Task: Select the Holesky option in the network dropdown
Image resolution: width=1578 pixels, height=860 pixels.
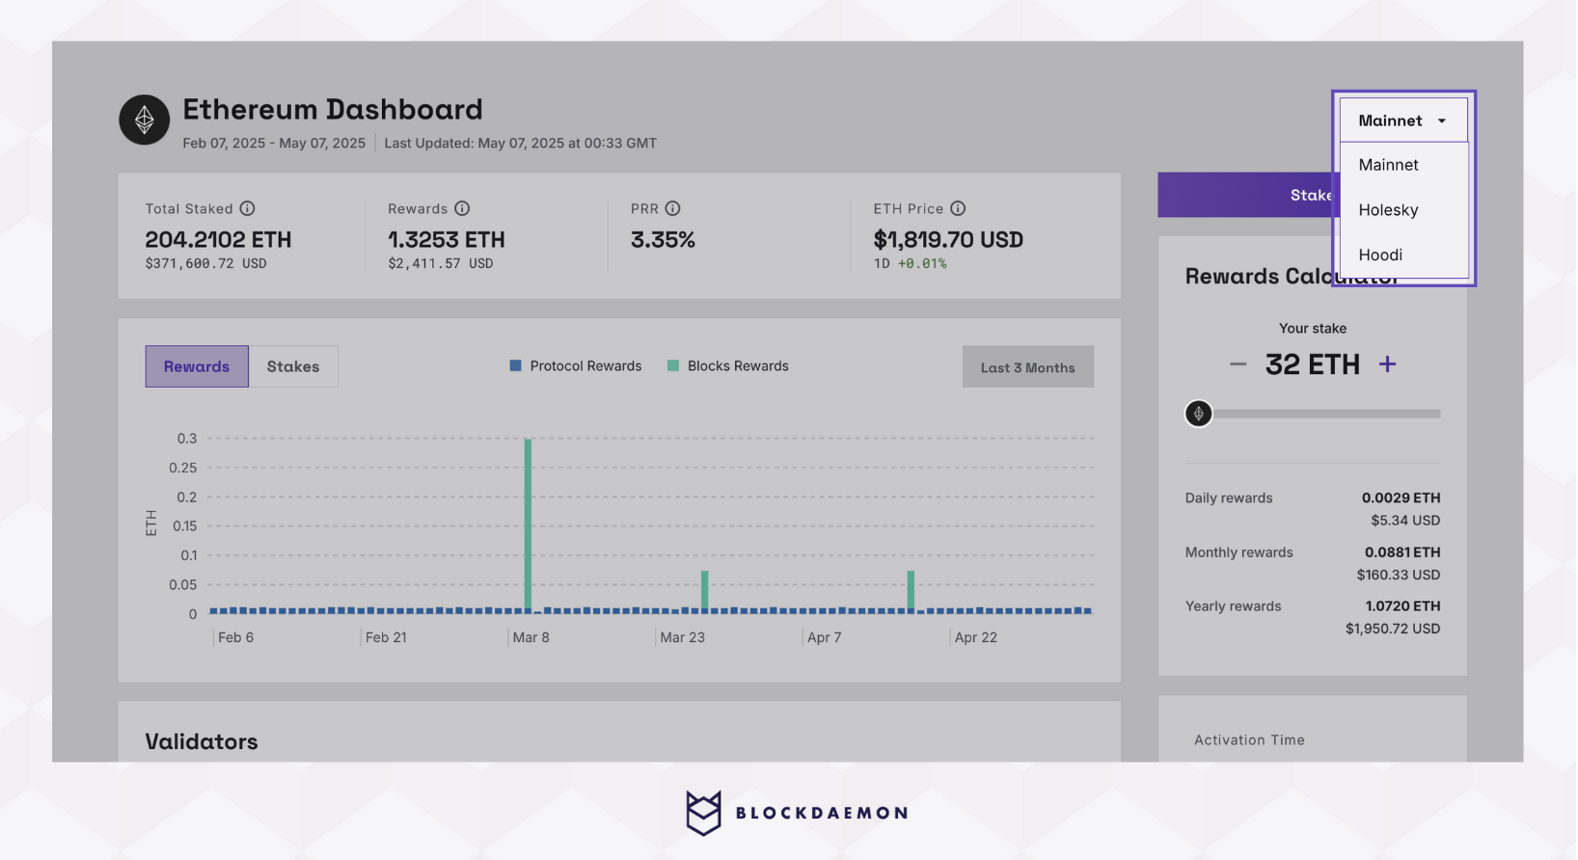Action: coord(1388,210)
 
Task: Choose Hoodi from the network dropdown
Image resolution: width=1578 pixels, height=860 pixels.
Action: coord(1380,255)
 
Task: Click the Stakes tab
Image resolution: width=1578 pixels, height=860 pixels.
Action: coord(293,366)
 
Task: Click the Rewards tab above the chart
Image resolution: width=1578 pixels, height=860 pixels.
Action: coord(197,366)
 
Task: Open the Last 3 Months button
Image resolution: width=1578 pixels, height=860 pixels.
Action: coord(1027,367)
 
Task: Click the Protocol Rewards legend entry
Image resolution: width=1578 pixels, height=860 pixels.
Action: coord(576,366)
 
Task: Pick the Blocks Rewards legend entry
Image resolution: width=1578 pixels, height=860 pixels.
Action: coord(728,366)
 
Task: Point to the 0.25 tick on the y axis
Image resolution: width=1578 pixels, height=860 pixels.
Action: coord(183,468)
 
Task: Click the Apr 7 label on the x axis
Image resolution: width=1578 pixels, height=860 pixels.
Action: coord(824,637)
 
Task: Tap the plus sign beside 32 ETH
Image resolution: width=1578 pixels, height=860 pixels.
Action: coord(1387,364)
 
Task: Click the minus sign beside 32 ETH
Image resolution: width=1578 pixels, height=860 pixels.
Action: coord(1238,364)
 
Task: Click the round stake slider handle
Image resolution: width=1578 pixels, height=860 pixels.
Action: coord(1198,414)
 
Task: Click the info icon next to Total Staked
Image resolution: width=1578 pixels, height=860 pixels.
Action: coord(248,208)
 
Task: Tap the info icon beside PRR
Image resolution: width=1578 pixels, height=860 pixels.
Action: coord(673,208)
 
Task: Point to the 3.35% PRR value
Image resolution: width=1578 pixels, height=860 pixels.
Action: coord(663,240)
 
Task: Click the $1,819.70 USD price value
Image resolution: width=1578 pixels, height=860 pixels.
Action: coord(948,240)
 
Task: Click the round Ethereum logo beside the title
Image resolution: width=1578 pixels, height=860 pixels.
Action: coord(145,120)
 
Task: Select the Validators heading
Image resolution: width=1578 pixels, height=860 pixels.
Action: coord(202,741)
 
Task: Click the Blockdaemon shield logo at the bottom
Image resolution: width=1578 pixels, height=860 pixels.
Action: coord(703,813)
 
